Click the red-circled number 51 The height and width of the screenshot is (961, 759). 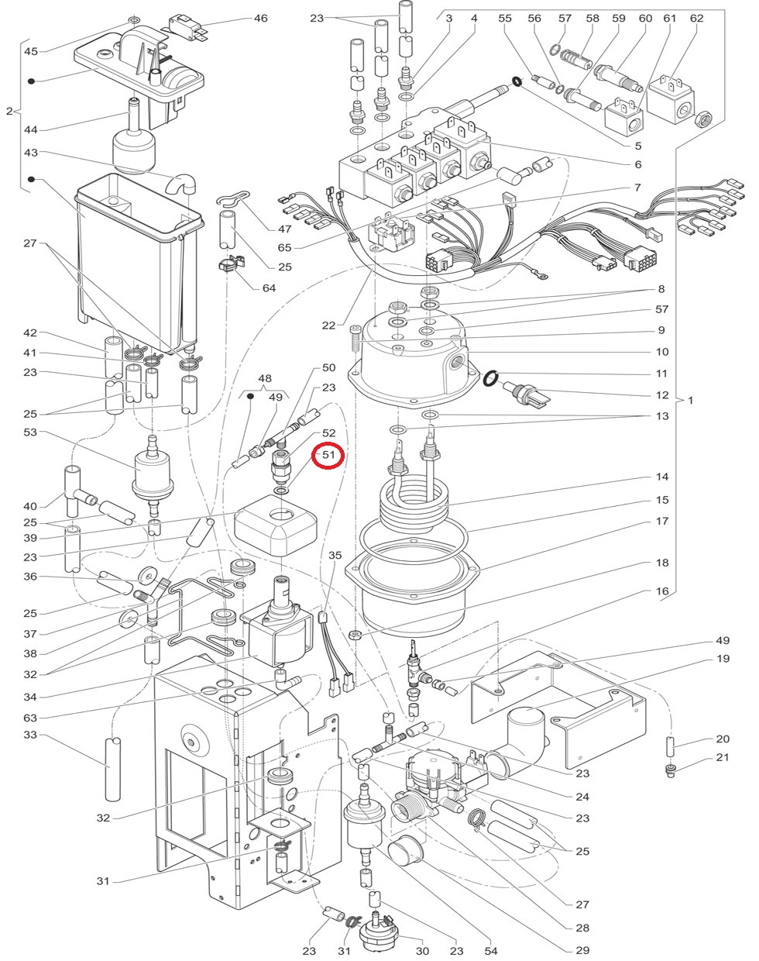coord(328,455)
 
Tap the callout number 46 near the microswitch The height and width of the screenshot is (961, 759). coord(260,19)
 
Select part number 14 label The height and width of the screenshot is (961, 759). coord(662,477)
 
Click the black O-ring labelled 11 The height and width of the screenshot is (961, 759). coord(490,378)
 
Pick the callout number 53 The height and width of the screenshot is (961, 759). coord(30,432)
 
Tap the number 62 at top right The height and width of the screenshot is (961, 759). coord(696,19)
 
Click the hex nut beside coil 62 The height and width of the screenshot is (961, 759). coord(702,119)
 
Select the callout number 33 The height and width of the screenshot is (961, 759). coord(30,735)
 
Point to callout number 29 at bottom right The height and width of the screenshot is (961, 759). coord(582,950)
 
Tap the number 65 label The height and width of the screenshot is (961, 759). coord(284,247)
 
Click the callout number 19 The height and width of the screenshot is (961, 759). coord(723,658)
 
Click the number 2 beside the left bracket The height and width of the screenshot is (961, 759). coord(9,111)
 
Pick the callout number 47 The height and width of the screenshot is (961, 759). coord(284,229)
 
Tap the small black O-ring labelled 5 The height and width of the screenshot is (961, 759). coord(517,81)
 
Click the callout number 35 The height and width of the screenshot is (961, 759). coord(335,555)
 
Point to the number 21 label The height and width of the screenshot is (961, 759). coord(723,757)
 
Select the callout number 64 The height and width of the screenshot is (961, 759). coord(269,288)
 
